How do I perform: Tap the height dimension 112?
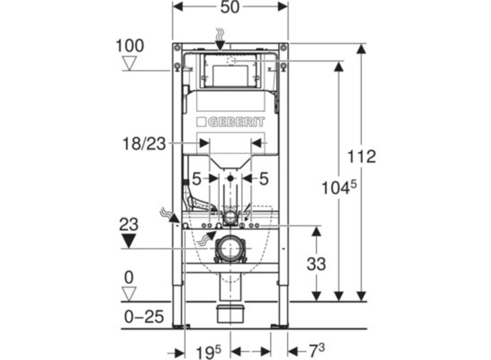click(x=363, y=157)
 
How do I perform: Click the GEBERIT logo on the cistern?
click(x=230, y=122)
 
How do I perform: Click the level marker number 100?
click(x=130, y=46)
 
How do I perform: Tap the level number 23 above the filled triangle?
click(x=129, y=224)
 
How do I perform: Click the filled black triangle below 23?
click(x=129, y=241)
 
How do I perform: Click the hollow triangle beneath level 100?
click(x=129, y=64)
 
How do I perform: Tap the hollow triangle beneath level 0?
click(x=129, y=294)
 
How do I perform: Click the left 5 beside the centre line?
click(x=196, y=178)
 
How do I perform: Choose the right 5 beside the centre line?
click(x=264, y=178)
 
